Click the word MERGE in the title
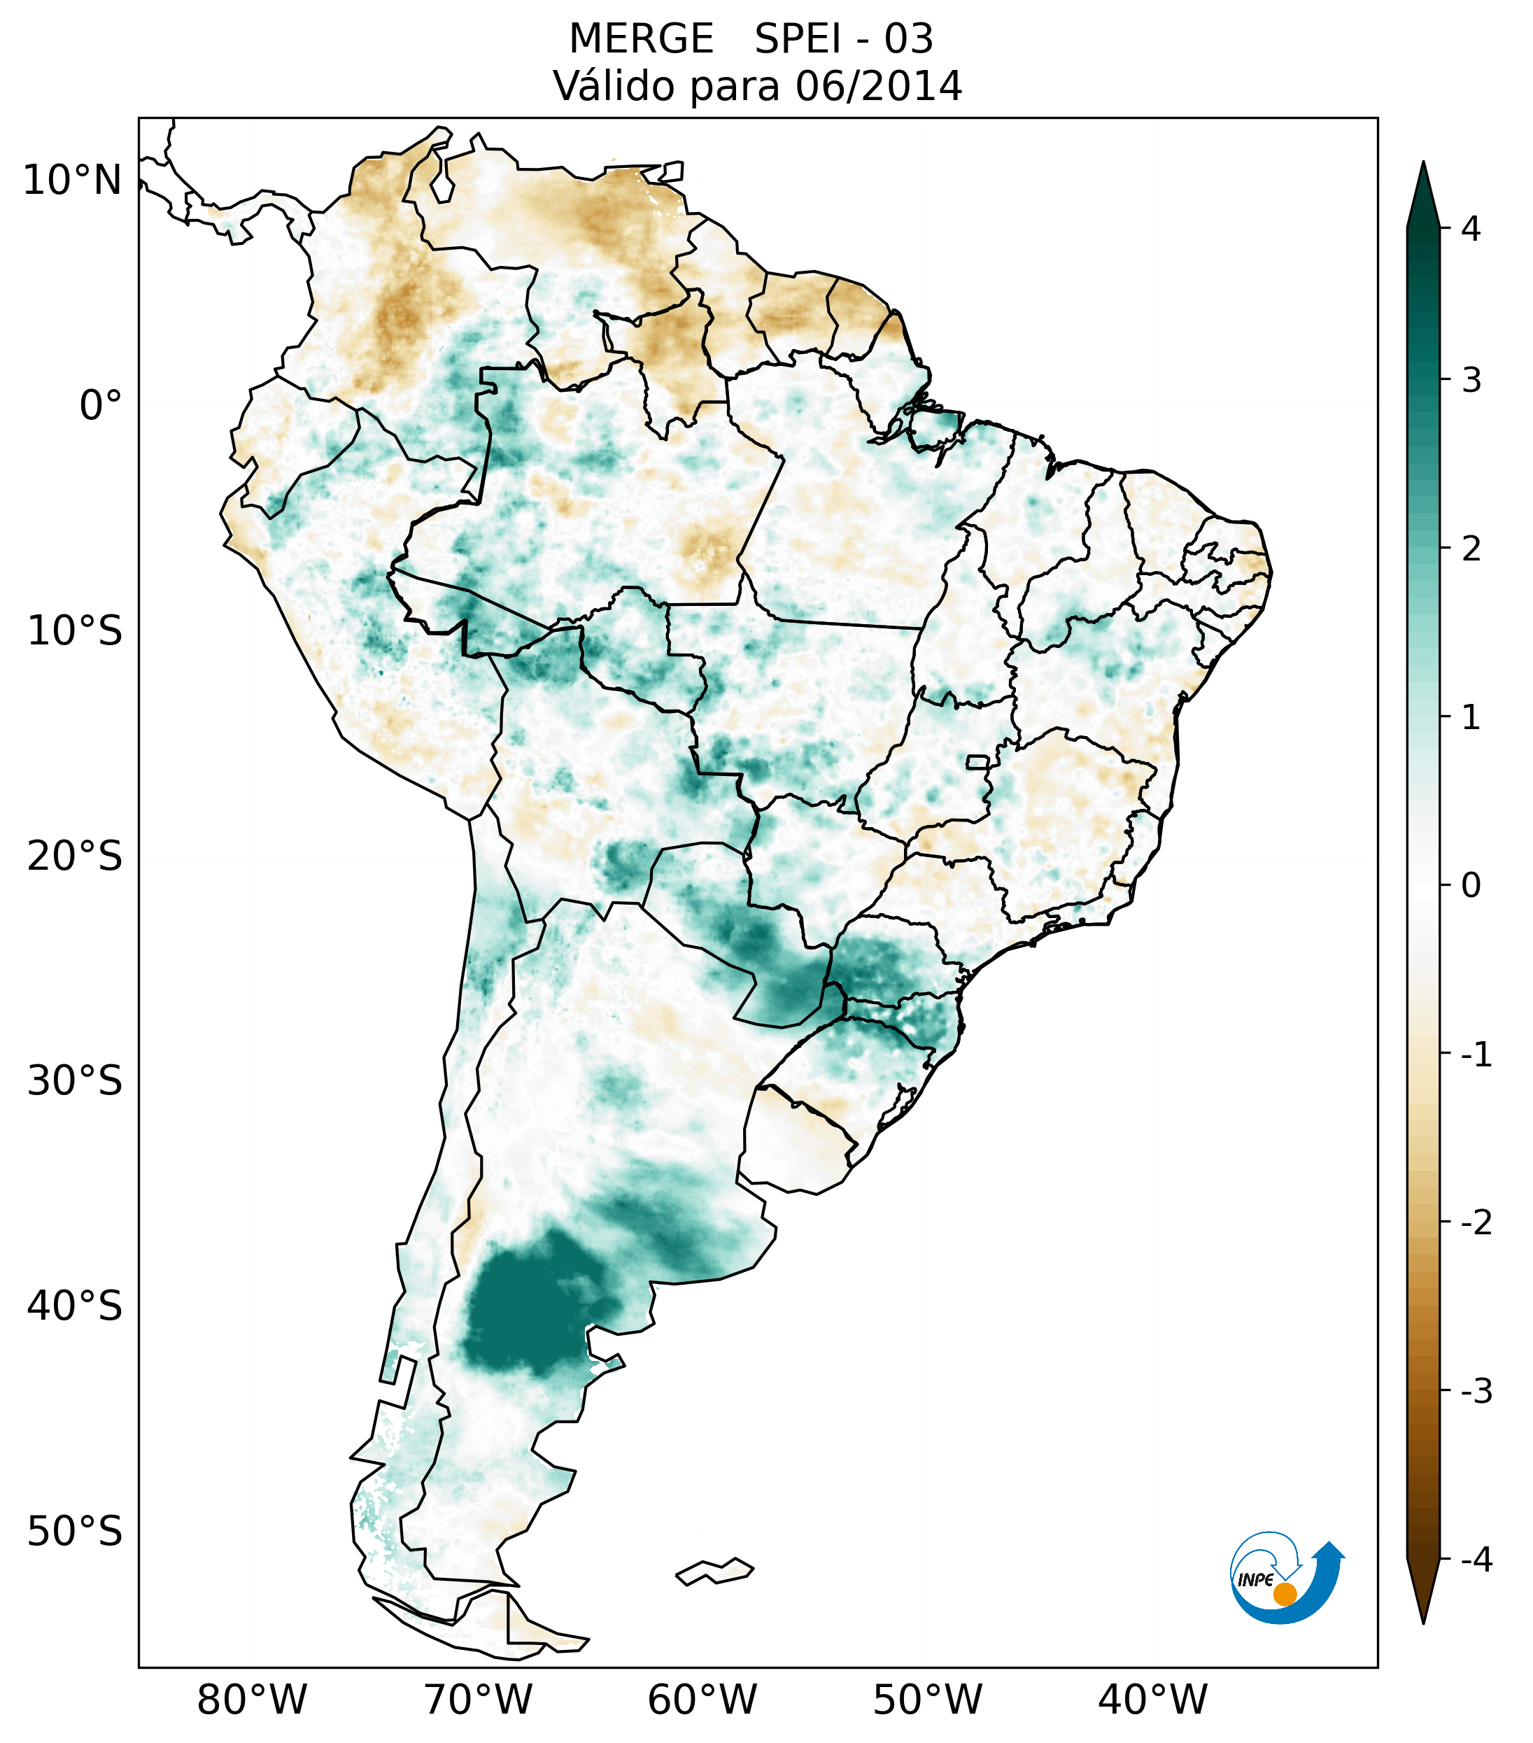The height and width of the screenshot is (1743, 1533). pos(640,39)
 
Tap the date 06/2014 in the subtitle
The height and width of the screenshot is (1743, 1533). pos(878,86)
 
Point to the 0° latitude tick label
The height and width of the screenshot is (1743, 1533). pos(101,406)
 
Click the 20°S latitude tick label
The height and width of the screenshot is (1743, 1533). pos(75,856)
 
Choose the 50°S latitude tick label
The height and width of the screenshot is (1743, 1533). pos(75,1532)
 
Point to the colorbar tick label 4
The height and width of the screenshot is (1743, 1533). pos(1471,229)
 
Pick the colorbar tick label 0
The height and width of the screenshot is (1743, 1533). pos(1471,886)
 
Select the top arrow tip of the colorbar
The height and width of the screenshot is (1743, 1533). pos(1423,167)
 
